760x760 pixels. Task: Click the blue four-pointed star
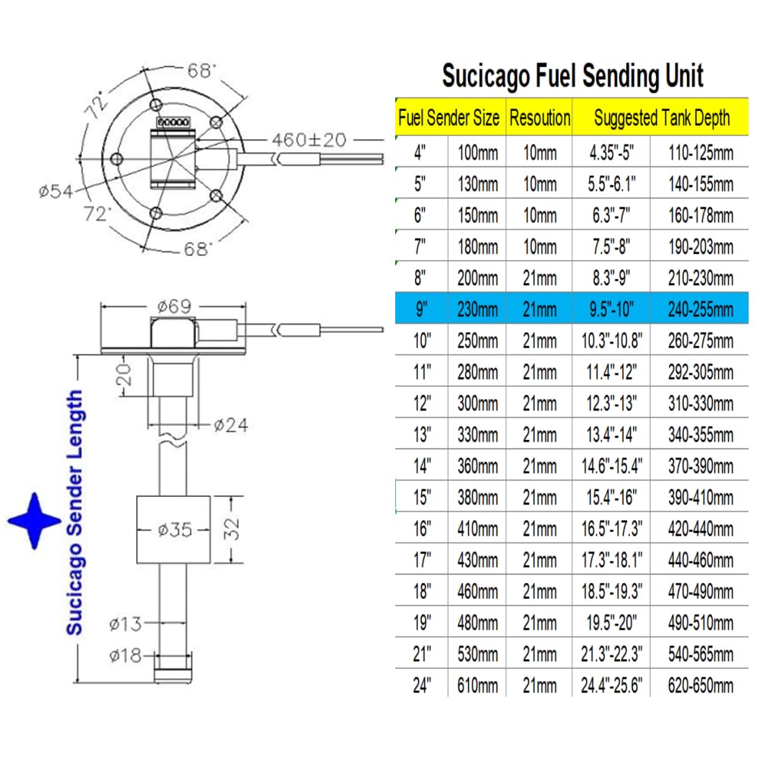[34, 521]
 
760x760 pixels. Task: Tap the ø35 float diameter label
[175, 530]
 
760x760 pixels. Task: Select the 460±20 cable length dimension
[309, 140]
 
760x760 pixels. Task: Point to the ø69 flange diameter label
[175, 306]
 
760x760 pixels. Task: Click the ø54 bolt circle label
[55, 192]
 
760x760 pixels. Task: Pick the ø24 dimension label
[231, 426]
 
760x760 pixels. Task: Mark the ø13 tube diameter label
[125, 624]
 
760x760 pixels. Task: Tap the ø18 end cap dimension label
[125, 656]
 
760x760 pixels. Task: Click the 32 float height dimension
[232, 529]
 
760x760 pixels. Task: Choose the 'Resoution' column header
[540, 118]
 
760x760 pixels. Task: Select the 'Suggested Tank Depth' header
[662, 118]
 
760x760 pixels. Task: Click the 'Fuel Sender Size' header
[449, 118]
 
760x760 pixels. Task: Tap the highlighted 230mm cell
[477, 309]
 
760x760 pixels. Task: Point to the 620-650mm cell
[701, 686]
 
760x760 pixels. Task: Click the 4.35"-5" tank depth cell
[612, 154]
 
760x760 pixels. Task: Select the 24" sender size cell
[422, 686]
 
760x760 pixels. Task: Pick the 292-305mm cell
[701, 372]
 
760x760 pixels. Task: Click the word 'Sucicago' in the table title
[486, 77]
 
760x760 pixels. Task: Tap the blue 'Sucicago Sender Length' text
[74, 512]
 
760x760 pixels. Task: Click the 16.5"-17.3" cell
[612, 529]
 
